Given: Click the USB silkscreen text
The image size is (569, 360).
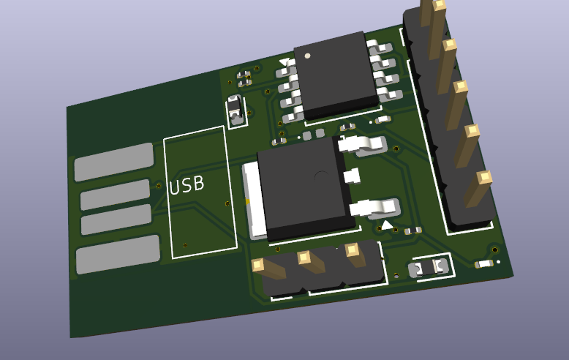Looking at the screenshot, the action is pos(186,185).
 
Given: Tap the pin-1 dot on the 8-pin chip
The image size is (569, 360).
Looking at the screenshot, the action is pos(308,56).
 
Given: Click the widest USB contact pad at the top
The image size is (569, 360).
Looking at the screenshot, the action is pos(114,162).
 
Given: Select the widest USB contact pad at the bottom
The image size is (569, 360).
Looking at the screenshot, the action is pos(118,255).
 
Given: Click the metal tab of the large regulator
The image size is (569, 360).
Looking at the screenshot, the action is pos(254,200).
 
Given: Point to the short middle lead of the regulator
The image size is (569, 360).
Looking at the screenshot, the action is pos(351,176).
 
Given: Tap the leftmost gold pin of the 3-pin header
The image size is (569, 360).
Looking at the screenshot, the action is pos(269,269).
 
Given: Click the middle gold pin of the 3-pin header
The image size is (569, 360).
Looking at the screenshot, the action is pos(312,261).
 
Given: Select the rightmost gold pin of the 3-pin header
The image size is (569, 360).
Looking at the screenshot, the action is pos(355,254).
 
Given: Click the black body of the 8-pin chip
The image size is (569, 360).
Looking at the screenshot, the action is pos(336,75).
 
